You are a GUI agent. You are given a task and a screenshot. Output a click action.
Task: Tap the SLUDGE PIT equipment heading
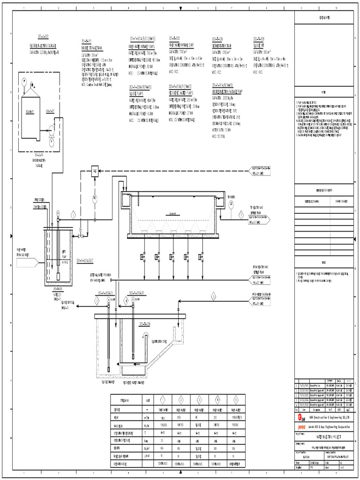[x=261, y=46]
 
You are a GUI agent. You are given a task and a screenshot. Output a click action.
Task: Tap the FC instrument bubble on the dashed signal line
[x=94, y=198]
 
